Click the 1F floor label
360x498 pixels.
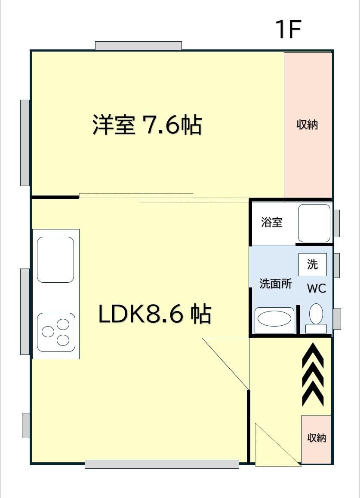click(288, 29)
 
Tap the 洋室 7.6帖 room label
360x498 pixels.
click(147, 125)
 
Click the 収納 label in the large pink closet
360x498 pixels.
click(307, 125)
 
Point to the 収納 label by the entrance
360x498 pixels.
click(317, 438)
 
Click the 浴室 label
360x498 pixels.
click(272, 222)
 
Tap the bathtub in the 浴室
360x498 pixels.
click(314, 223)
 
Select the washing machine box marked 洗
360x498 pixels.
click(313, 265)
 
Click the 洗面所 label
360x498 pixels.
click(276, 283)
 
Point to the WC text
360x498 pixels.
click(317, 288)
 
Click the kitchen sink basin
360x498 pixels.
click(55, 260)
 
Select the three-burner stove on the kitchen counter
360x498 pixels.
click(56, 332)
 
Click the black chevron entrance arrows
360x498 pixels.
click(313, 375)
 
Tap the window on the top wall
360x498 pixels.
click(138, 46)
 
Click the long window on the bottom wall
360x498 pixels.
click(162, 464)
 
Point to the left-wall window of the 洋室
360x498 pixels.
click(25, 143)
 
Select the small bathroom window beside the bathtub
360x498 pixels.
click(336, 223)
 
